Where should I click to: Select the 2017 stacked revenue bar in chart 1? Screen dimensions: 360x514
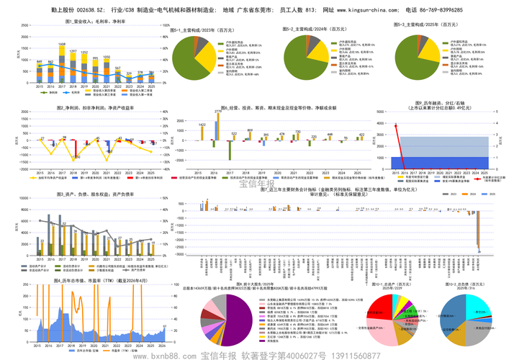tap(62, 68)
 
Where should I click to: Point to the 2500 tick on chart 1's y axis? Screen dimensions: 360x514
tap(27, 34)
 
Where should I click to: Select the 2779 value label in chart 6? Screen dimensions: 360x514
tap(218, 112)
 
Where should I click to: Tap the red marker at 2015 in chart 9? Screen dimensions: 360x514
tap(395, 125)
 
